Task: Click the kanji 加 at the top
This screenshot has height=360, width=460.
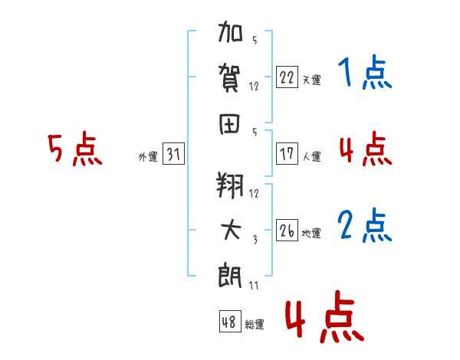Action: (x=231, y=35)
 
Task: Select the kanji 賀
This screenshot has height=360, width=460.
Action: (x=231, y=77)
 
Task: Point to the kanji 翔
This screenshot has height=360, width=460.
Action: (x=231, y=186)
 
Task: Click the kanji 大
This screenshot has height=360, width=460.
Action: (x=231, y=230)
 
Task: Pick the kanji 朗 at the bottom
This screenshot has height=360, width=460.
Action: (x=231, y=274)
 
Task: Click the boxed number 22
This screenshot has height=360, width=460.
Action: (x=287, y=77)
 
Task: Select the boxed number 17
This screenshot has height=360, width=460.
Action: (x=287, y=154)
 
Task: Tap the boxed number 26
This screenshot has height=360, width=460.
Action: (x=287, y=231)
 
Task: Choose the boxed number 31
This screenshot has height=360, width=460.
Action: (x=173, y=155)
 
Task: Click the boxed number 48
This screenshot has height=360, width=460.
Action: (x=229, y=322)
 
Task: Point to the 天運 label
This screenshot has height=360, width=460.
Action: (x=311, y=80)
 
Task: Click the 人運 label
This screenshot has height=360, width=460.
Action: (x=311, y=156)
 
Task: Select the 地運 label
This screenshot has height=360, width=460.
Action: (x=311, y=234)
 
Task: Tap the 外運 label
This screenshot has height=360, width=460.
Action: (x=148, y=157)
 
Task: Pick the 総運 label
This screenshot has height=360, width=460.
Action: (x=255, y=324)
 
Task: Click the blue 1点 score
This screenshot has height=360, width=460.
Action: (x=365, y=74)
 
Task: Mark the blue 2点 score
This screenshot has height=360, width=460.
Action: (x=365, y=226)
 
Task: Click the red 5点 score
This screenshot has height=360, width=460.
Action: (x=74, y=150)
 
